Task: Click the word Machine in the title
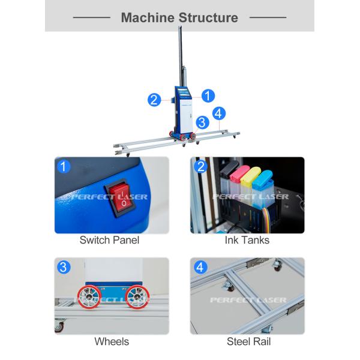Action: click(x=148, y=17)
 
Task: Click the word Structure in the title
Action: click(x=208, y=17)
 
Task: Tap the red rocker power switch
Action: click(x=121, y=197)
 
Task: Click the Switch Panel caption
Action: click(x=110, y=240)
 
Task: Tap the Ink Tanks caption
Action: click(x=247, y=240)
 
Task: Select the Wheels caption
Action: click(x=112, y=341)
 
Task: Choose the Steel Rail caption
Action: click(x=248, y=341)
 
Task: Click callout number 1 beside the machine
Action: click(x=208, y=96)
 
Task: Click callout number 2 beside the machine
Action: click(x=154, y=100)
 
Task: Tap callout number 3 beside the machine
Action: click(x=202, y=122)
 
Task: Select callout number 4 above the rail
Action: click(x=219, y=113)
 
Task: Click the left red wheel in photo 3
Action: click(x=89, y=297)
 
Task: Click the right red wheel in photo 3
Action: click(x=137, y=297)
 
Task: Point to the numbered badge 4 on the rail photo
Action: click(x=200, y=267)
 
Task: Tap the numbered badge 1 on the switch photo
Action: click(x=64, y=166)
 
